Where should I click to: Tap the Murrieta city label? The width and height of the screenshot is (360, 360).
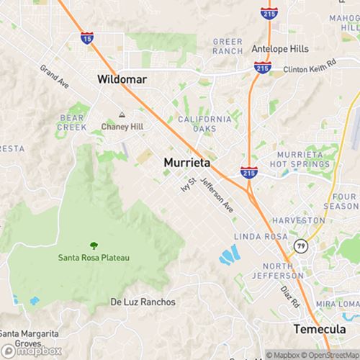pos(187,163)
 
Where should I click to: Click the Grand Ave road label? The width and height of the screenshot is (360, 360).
pos(54,77)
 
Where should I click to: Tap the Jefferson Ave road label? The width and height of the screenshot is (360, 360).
pos(217,194)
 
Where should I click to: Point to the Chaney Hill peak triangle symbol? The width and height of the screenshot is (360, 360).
pos(121,115)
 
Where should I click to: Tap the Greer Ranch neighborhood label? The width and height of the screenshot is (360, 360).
pos(228,47)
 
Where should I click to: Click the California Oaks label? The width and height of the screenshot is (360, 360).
pos(205,123)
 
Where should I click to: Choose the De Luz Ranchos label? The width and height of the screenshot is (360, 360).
pos(143,302)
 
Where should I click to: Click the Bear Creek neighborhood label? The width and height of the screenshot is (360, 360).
pos(73,121)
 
